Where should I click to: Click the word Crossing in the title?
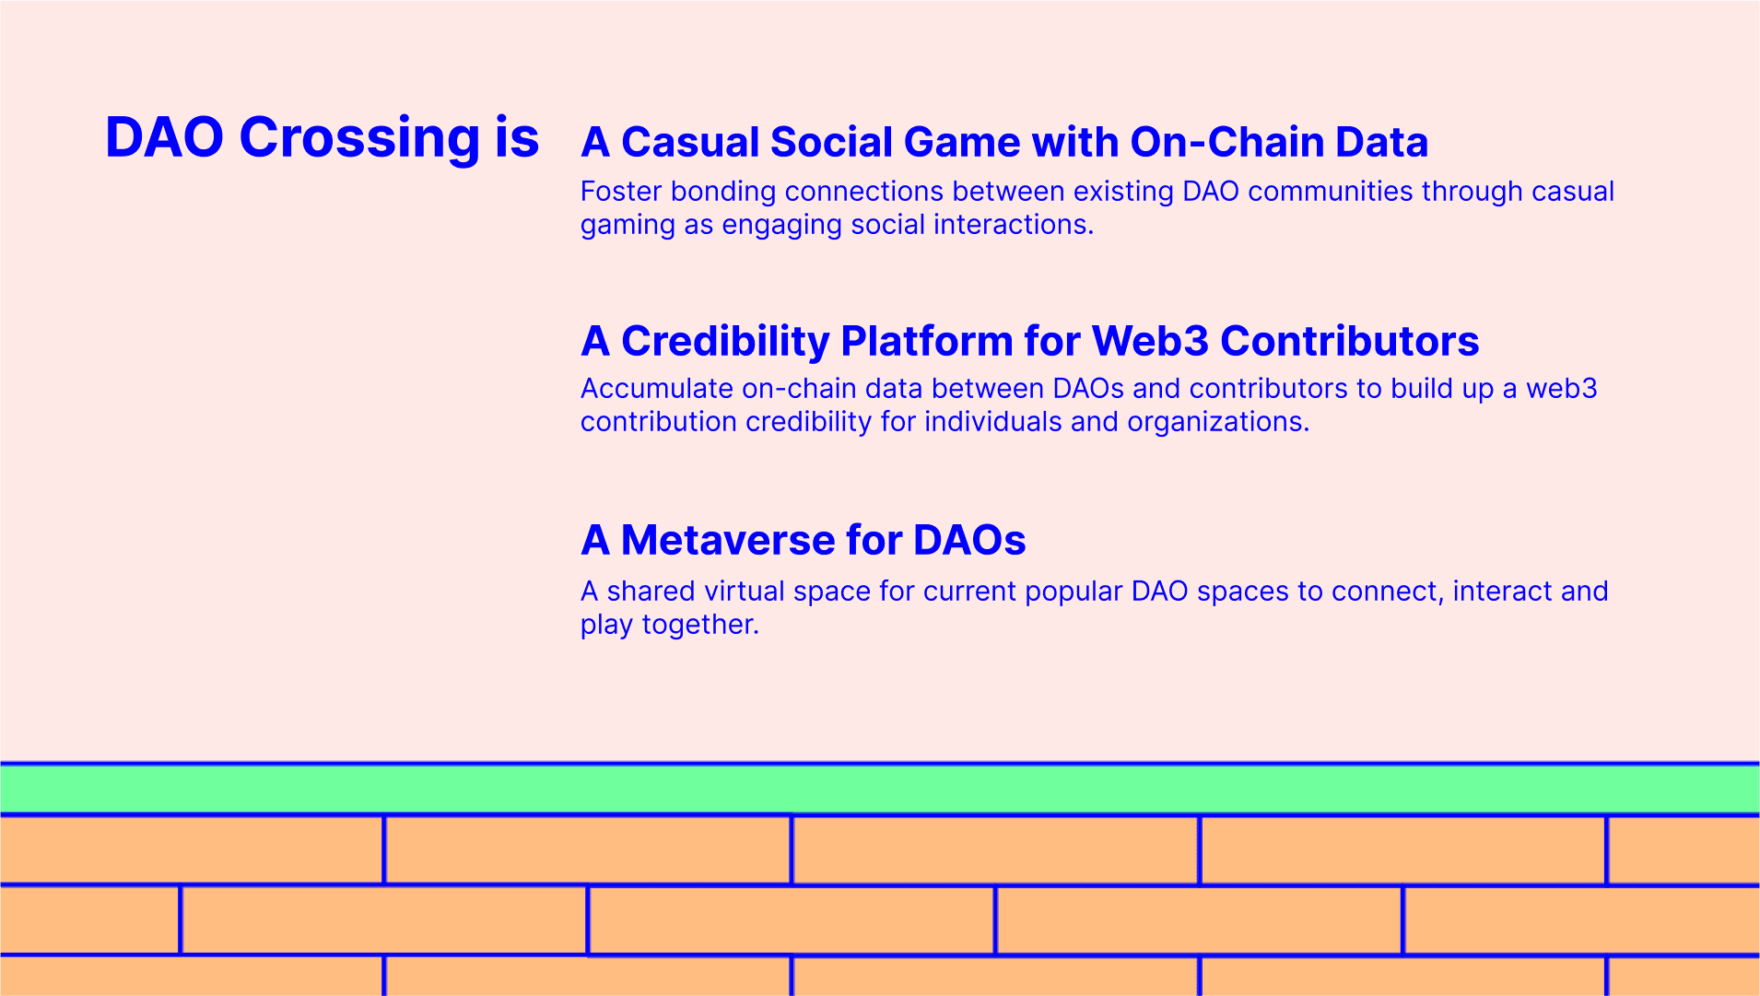(x=359, y=138)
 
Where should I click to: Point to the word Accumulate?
(x=657, y=388)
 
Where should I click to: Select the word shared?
(x=651, y=591)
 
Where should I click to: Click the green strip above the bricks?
(x=880, y=789)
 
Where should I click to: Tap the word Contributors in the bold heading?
(x=1350, y=341)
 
